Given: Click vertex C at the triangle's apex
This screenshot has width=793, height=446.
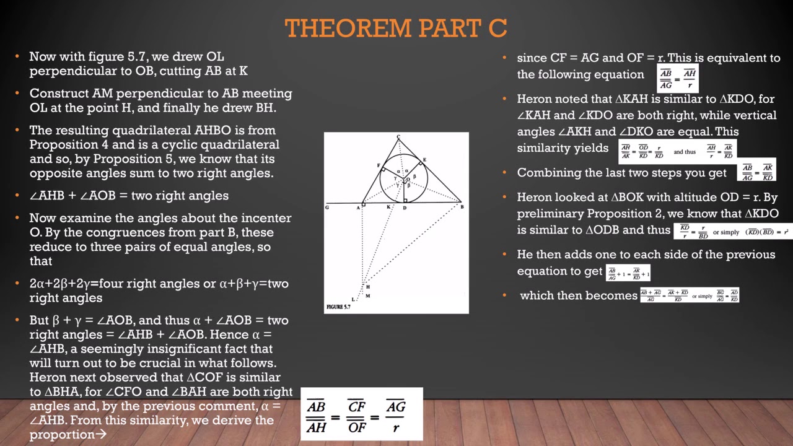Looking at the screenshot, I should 398,137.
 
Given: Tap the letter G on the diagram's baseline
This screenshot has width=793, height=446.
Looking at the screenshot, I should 327,208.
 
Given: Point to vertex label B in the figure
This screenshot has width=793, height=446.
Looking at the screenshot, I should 462,207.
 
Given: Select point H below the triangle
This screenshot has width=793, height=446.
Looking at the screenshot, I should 367,286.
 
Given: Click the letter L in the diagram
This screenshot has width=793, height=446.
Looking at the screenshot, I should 353,300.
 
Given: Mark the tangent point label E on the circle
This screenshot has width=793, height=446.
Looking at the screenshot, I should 424,160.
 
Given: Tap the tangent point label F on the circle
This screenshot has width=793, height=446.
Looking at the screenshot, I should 379,165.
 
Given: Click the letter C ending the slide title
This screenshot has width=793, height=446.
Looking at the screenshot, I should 499,28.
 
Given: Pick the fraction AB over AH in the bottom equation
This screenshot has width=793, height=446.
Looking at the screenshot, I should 317,416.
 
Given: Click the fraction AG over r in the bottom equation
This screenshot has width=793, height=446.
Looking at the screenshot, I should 395,416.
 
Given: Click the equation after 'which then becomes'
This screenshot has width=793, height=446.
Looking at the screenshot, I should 689,295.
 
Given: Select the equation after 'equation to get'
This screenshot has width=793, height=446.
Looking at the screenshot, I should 628,272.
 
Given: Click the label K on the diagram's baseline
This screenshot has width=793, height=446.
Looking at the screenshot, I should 388,207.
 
